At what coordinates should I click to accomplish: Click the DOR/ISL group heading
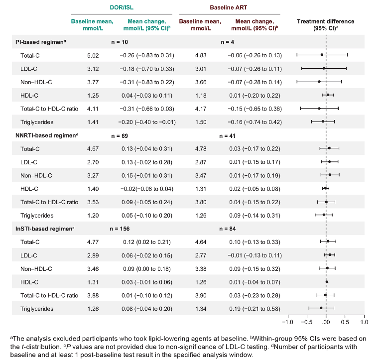122,7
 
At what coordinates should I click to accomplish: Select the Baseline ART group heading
229,7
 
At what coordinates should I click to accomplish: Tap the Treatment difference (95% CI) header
325,25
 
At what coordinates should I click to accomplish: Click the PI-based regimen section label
40,42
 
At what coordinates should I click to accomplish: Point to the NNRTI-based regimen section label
47,135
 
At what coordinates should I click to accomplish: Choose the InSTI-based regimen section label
45,229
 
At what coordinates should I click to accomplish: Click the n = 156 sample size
120,229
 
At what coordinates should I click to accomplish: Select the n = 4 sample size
228,42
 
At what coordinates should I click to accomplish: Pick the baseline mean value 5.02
93,55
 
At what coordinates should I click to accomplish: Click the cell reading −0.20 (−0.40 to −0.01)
147,122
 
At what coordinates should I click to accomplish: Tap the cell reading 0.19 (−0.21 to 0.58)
255,309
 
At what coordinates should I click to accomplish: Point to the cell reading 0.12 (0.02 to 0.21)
147,242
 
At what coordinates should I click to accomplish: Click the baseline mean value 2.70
93,162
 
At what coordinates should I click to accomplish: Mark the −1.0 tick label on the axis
287,322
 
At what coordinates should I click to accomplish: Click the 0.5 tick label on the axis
345,322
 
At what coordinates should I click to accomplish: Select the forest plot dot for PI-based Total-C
322,55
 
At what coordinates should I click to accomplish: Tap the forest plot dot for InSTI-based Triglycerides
321,308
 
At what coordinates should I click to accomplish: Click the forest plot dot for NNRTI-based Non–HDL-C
330,175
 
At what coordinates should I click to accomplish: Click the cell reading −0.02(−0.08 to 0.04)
147,189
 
